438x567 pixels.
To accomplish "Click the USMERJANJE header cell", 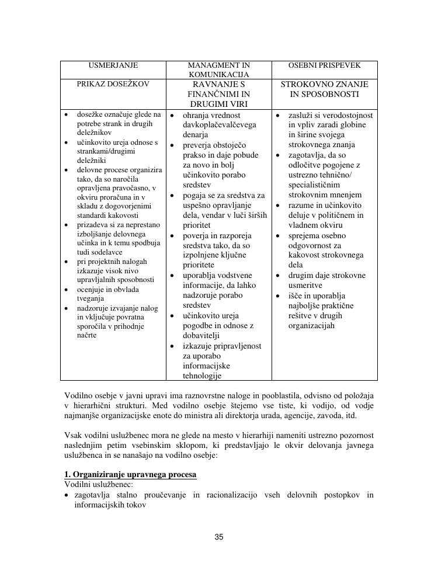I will tap(113, 66).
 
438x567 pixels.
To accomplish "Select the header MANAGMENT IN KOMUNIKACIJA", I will tap(219, 70).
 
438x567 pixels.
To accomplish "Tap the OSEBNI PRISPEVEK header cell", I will tap(325, 66).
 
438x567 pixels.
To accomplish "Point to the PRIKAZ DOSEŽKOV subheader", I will tap(113, 84).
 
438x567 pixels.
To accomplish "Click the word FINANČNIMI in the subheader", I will tap(219, 94).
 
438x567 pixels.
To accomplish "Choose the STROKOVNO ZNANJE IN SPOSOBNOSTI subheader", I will tap(325, 89).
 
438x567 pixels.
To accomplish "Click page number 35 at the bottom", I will tap(219, 537).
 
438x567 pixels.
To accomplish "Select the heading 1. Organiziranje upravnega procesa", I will tap(130, 474).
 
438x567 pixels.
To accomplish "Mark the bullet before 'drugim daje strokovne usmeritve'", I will tap(278, 276).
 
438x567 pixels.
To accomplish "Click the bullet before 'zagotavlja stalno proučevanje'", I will tap(67, 496).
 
